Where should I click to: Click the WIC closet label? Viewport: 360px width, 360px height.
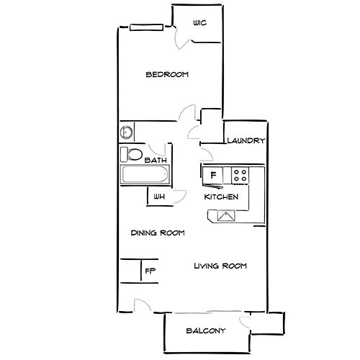pos(199,23)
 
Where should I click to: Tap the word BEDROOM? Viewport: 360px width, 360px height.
pos(167,74)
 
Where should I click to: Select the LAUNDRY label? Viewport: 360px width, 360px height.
pos(246,140)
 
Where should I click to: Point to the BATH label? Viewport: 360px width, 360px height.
pos(156,160)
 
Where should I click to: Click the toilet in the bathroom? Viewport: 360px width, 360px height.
pos(132,154)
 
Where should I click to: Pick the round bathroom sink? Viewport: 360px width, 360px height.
pos(127,132)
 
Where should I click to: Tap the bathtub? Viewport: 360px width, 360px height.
pos(145,174)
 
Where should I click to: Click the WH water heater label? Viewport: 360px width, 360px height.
pos(159,197)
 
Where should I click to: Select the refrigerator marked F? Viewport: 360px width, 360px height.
pos(213,176)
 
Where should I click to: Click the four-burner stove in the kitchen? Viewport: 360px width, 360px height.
pos(240,176)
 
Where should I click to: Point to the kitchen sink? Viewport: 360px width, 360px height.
pos(226,216)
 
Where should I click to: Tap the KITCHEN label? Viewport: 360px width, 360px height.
pos(221,197)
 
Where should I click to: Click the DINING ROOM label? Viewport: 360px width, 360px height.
pos(158,233)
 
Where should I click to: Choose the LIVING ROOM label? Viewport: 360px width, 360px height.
pos(220,266)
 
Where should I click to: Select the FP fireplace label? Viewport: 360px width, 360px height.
pos(150,271)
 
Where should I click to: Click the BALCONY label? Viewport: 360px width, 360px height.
pos(206,331)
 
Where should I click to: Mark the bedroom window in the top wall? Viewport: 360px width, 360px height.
pos(146,27)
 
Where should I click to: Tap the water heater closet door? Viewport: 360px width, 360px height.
pos(179,197)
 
